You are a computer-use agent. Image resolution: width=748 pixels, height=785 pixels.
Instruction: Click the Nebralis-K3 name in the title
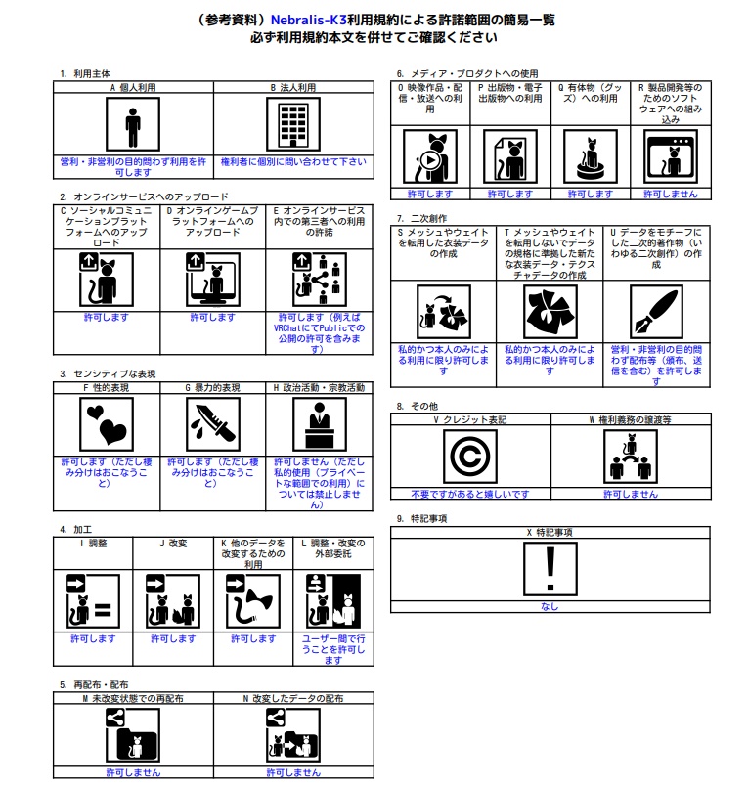(x=308, y=20)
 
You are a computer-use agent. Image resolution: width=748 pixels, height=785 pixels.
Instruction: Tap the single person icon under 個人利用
(x=133, y=125)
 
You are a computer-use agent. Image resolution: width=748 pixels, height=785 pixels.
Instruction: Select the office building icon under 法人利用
(x=293, y=125)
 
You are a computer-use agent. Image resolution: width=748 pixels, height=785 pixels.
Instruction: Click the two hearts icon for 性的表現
(x=107, y=424)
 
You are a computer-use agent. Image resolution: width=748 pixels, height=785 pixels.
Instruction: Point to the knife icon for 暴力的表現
(x=213, y=424)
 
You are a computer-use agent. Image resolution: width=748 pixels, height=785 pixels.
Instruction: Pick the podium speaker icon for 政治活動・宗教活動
(x=320, y=424)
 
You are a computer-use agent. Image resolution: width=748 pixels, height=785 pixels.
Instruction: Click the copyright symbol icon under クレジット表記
(x=470, y=457)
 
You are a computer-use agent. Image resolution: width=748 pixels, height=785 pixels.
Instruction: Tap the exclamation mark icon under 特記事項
(x=550, y=569)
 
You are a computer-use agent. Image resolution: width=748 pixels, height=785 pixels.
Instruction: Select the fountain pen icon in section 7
(x=656, y=312)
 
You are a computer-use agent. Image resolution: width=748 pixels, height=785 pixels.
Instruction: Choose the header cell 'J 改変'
(x=173, y=544)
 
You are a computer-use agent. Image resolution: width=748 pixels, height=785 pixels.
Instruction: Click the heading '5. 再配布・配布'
(x=94, y=685)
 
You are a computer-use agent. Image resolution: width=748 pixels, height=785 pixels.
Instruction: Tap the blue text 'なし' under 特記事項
(x=550, y=606)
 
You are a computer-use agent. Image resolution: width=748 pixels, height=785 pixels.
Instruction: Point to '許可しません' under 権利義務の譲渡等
(x=631, y=494)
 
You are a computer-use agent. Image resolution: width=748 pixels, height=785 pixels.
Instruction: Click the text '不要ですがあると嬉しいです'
(x=470, y=494)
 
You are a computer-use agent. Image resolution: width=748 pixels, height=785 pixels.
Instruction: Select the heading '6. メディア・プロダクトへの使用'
(x=467, y=74)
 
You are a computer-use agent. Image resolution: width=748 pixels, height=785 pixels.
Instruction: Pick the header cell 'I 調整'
(x=93, y=544)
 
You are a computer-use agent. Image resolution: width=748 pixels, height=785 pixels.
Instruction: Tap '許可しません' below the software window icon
(x=671, y=194)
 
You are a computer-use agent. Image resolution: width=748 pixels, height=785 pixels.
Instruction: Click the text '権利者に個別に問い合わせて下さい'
(x=293, y=161)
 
